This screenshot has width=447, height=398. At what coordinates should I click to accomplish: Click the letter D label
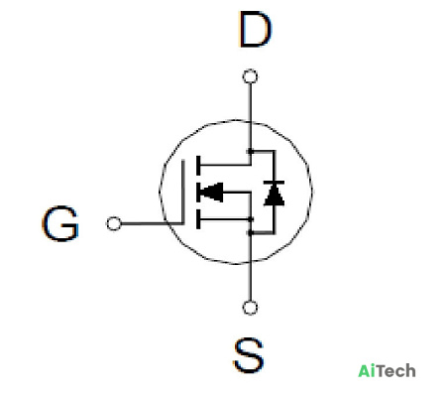point(255,29)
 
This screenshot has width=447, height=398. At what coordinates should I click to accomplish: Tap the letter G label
point(60,223)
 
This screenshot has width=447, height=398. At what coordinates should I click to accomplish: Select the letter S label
point(249,355)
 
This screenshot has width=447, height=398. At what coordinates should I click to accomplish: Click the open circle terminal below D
point(250,76)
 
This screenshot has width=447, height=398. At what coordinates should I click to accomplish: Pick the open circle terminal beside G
point(114,223)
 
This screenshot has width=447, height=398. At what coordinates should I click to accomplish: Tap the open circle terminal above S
point(250,308)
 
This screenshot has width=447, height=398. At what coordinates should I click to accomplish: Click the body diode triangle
point(274,195)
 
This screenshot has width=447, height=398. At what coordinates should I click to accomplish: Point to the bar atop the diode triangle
point(274,183)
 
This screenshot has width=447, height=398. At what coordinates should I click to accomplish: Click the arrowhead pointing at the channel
point(211,192)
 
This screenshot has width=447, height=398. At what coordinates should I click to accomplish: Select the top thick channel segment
point(198,165)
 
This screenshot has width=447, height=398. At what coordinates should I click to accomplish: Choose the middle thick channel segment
point(198,193)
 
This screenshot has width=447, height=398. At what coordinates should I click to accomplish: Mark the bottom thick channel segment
point(198,219)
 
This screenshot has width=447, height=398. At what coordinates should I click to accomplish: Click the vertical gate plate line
point(183,192)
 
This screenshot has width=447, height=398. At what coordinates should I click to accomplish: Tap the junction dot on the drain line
point(250,152)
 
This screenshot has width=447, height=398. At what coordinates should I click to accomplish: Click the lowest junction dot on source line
point(250,233)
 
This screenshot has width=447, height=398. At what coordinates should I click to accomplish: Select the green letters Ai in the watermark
point(367,371)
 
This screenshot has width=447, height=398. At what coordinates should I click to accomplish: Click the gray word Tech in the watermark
point(395,371)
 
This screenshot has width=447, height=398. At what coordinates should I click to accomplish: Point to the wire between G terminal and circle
point(143,223)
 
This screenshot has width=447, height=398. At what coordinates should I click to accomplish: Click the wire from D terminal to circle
point(250,102)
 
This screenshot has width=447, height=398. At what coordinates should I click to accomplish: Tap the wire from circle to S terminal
point(250,281)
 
